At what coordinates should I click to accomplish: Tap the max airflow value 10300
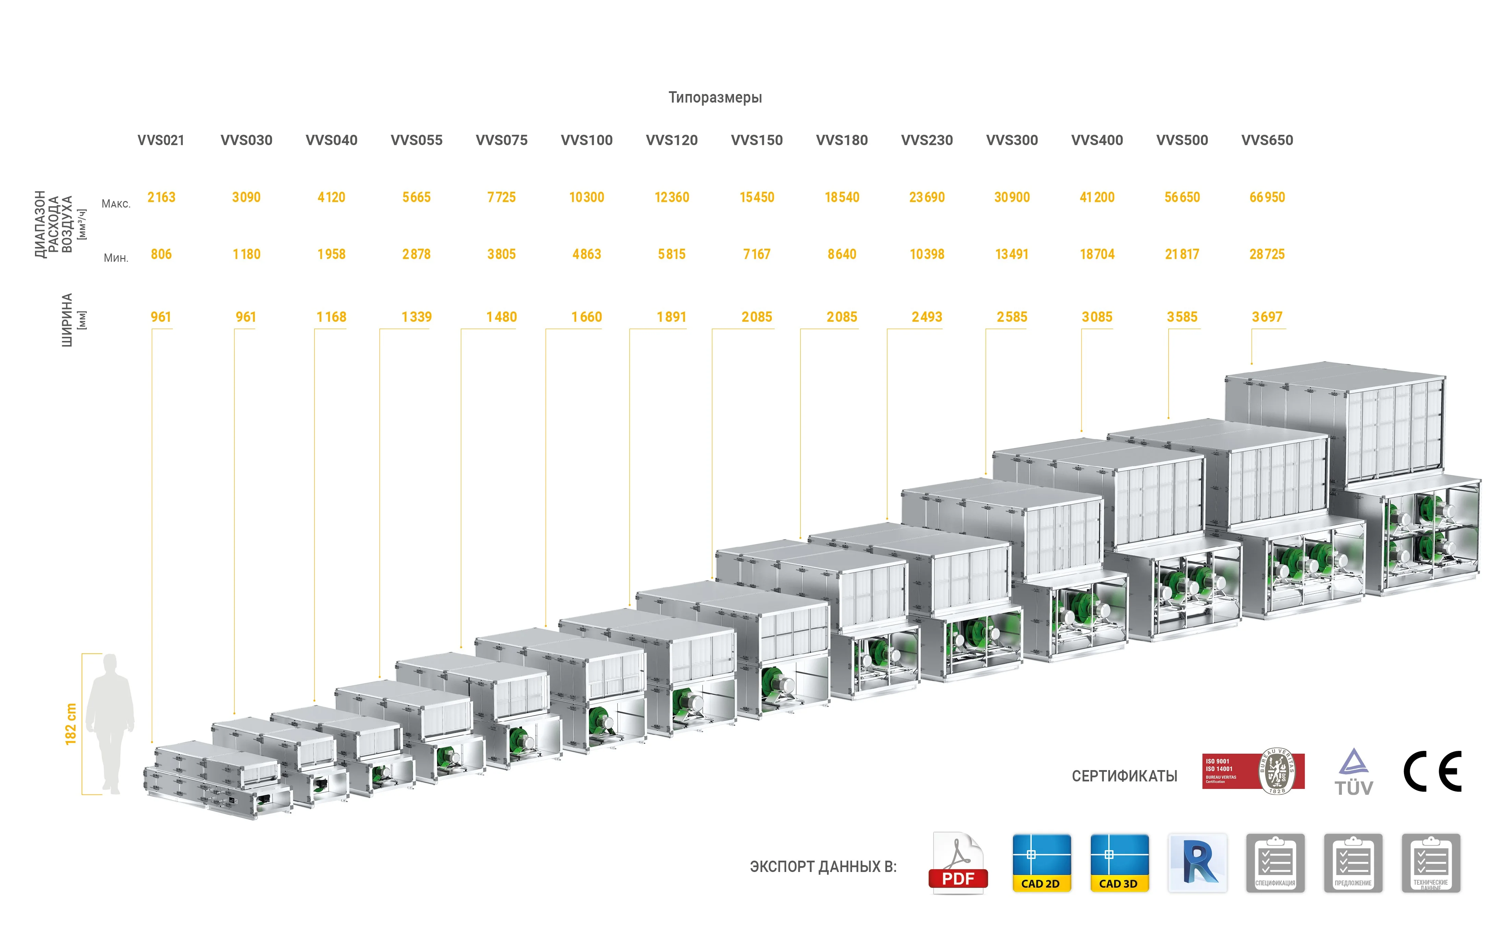(x=586, y=197)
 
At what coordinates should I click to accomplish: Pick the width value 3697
(x=1267, y=317)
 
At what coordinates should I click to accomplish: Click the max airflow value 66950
(x=1267, y=197)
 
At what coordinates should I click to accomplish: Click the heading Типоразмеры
(x=715, y=97)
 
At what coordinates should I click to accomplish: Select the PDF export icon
(x=958, y=863)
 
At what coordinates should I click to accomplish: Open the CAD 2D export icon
(x=1041, y=863)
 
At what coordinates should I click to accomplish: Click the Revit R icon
(x=1197, y=863)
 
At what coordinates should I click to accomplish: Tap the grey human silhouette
(x=110, y=724)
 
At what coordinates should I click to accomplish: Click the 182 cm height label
(x=71, y=724)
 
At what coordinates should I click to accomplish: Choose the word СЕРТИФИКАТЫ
(x=1124, y=776)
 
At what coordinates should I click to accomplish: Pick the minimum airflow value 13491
(x=1012, y=254)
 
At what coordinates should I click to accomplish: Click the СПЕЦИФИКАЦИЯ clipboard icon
(x=1275, y=863)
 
